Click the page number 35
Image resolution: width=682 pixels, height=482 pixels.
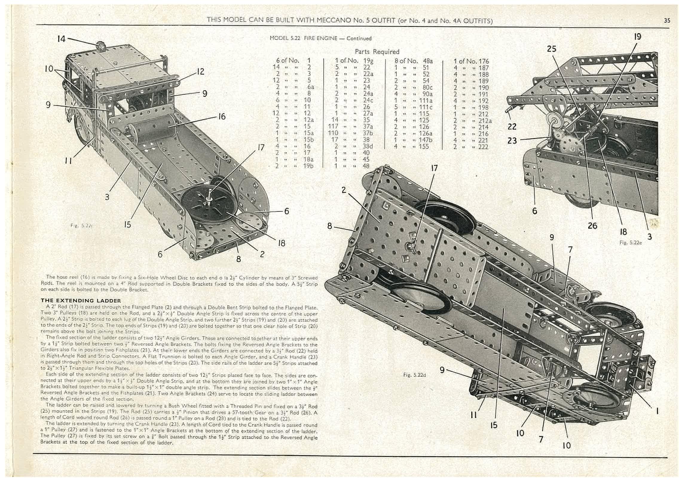tap(667, 20)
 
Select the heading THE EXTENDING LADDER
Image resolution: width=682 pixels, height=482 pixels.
tap(81, 300)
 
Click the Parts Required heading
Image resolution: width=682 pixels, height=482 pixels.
tap(377, 52)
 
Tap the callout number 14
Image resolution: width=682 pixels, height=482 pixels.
tap(61, 39)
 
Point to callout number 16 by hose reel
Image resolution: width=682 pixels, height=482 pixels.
tap(221, 116)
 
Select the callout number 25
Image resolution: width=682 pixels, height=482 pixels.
tap(551, 48)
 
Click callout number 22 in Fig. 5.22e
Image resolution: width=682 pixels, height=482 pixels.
tap(512, 126)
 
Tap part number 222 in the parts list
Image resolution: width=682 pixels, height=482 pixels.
tap(483, 147)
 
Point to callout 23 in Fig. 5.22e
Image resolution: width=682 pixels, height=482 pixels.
tap(512, 140)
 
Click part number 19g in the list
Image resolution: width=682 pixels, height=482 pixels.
tap(368, 61)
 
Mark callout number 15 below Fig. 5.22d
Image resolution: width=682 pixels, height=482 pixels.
tap(494, 425)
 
